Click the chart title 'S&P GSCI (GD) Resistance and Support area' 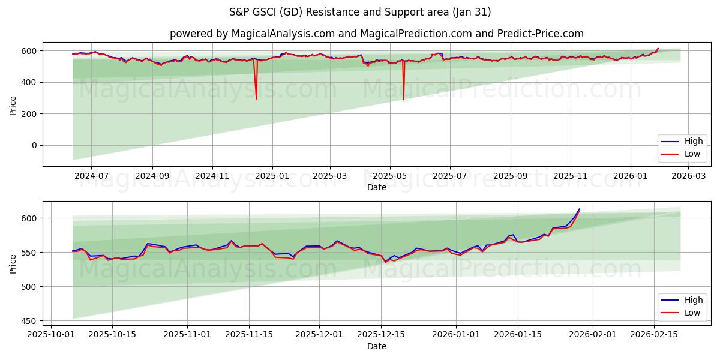click(360, 12)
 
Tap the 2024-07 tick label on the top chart click(91, 176)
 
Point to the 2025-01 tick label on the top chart click(272, 176)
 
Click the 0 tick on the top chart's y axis click(35, 145)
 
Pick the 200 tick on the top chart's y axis click(30, 114)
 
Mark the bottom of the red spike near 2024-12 click(256, 99)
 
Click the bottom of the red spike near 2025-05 click(403, 100)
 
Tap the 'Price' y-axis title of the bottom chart click(13, 263)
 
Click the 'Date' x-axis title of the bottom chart click(376, 346)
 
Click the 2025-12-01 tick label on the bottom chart click(320, 335)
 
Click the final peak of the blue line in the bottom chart click(579, 209)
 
